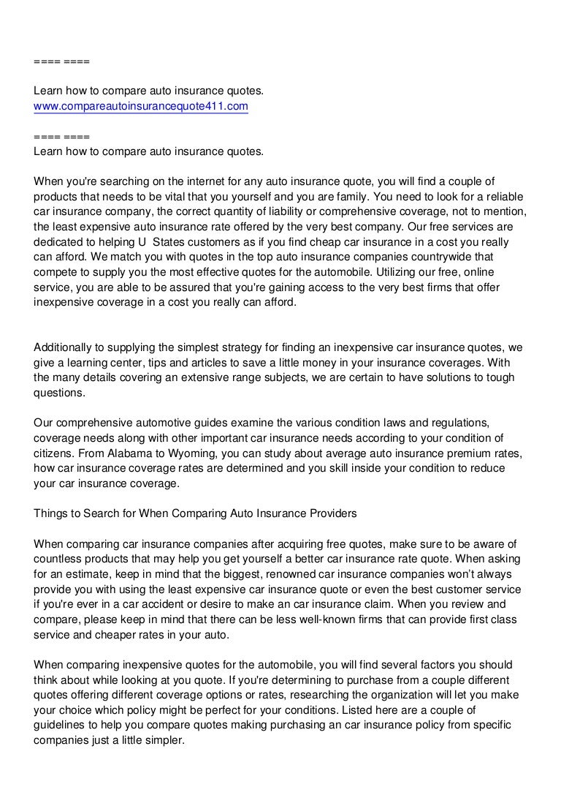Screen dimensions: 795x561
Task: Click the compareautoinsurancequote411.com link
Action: pos(141,106)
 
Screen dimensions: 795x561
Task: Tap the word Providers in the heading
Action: pos(332,513)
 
